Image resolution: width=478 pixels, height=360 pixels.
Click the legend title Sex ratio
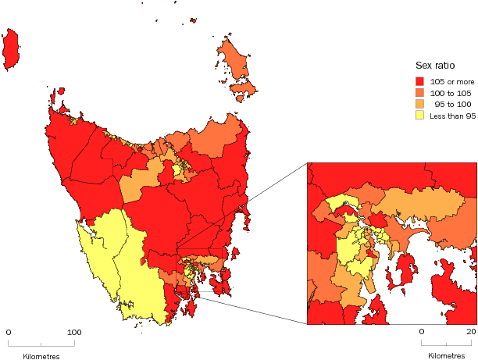(x=433, y=66)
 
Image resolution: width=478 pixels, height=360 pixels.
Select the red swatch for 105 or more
(x=419, y=81)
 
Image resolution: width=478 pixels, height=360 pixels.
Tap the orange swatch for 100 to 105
(x=419, y=93)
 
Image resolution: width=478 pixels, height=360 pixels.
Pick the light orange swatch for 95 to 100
(x=419, y=104)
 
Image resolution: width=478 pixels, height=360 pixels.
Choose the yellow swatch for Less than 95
(x=419, y=116)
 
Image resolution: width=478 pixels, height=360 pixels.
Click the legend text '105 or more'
(x=452, y=81)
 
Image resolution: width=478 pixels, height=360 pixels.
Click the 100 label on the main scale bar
(x=75, y=333)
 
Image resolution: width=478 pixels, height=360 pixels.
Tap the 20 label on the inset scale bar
(x=471, y=333)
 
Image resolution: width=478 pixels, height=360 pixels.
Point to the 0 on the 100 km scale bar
(x=9, y=333)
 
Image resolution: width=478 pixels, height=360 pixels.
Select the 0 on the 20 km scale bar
(x=422, y=333)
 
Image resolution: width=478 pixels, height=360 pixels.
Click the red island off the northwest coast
(x=11, y=49)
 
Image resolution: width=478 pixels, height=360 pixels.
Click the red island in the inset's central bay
(x=406, y=270)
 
